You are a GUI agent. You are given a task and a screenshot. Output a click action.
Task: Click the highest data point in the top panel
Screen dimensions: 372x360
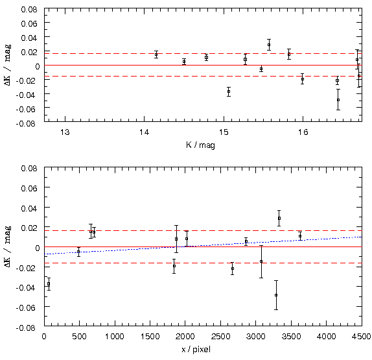pos(269,45)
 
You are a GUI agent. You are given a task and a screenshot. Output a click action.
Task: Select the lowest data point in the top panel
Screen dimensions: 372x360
pos(338,100)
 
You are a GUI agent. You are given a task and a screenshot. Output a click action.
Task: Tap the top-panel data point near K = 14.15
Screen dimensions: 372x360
pos(156,54)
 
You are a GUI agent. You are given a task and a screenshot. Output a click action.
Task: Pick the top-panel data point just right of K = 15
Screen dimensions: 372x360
pos(229,91)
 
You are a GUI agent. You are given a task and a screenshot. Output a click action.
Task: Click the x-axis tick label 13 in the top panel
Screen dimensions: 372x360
pos(65,132)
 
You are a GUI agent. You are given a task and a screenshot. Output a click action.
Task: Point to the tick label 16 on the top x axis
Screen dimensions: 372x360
pos(303,132)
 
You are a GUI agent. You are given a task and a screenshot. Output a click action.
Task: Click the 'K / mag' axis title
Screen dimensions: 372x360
pos(200,145)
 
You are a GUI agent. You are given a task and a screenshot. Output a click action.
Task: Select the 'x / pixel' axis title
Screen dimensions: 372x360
pos(196,350)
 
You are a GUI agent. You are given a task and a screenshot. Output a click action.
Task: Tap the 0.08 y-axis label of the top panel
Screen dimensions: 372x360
pos(29,10)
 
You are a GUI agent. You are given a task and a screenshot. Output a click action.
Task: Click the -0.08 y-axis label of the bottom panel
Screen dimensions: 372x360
pos(26,328)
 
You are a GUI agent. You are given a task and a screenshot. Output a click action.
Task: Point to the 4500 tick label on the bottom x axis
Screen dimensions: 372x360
pos(362,336)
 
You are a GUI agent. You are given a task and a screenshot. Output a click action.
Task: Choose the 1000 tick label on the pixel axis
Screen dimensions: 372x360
pos(115,336)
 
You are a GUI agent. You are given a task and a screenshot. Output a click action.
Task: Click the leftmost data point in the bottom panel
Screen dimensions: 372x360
pos(49,283)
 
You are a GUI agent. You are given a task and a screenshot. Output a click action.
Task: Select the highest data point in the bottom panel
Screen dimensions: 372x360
pos(279,218)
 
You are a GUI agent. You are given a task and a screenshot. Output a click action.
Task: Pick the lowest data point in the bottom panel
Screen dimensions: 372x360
pos(276,295)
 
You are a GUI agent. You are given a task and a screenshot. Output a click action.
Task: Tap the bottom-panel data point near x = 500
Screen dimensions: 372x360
pos(78,252)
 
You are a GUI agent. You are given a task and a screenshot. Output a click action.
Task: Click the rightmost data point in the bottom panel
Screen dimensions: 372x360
pos(300,236)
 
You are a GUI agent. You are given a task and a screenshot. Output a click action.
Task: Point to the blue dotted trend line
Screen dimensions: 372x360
pos(203,246)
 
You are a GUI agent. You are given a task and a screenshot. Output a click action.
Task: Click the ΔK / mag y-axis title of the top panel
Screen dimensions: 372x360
pos(8,65)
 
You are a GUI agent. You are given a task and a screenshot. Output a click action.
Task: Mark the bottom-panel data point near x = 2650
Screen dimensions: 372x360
pos(233,269)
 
